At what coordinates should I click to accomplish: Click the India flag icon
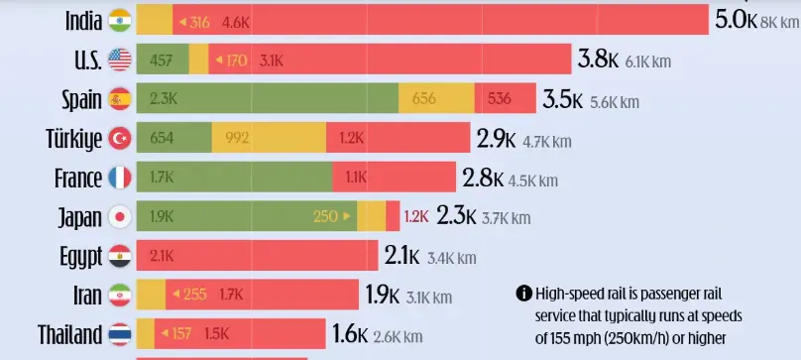(120, 21)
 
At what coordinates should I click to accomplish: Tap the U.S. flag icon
(120, 60)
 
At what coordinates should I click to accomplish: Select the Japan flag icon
(120, 216)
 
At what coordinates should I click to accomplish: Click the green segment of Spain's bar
(268, 99)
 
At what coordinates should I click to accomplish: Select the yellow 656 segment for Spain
(436, 99)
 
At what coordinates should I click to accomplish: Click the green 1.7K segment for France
(234, 178)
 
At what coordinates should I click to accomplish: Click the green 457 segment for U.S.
(162, 60)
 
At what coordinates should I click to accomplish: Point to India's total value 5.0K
(736, 20)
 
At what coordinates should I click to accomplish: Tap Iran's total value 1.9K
(382, 295)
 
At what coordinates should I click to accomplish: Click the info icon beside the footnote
(522, 294)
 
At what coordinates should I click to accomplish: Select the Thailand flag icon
(120, 333)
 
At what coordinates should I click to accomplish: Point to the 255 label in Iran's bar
(194, 295)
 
